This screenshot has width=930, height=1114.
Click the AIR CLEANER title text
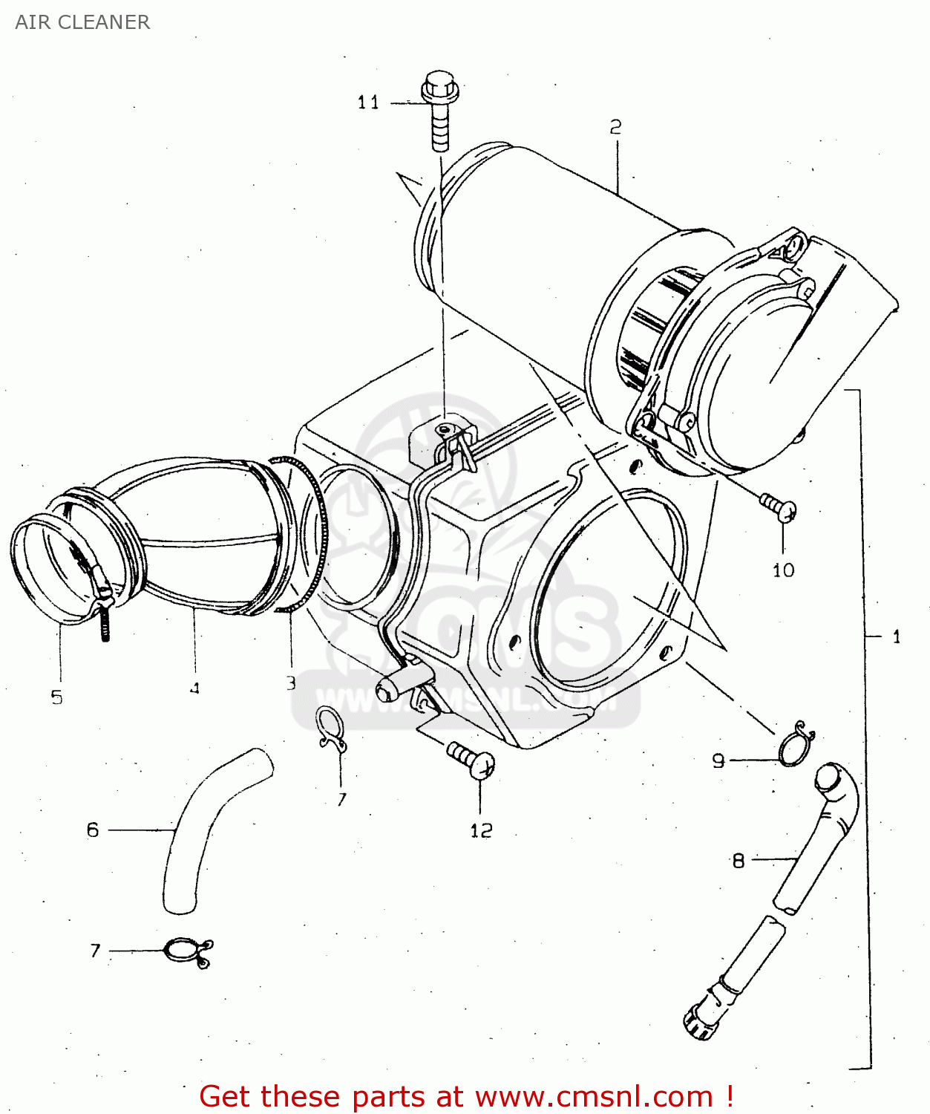[x=82, y=22]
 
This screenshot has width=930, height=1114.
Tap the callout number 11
[x=368, y=102]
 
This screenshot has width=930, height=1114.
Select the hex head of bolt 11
[x=440, y=87]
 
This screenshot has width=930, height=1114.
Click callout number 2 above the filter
[x=615, y=128]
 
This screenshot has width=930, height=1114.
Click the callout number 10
[x=783, y=570]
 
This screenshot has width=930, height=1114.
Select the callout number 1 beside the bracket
[x=897, y=636]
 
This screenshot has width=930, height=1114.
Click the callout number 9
[x=718, y=760]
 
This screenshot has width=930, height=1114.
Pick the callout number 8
[x=738, y=861]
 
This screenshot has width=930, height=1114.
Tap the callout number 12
[x=480, y=831]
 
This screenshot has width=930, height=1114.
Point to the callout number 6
[x=93, y=830]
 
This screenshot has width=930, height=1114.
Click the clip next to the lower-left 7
[x=187, y=951]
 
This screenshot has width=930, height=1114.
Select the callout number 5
[x=57, y=697]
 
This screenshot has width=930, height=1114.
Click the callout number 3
[x=291, y=683]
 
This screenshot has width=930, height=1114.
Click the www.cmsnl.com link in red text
[x=594, y=1096]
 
